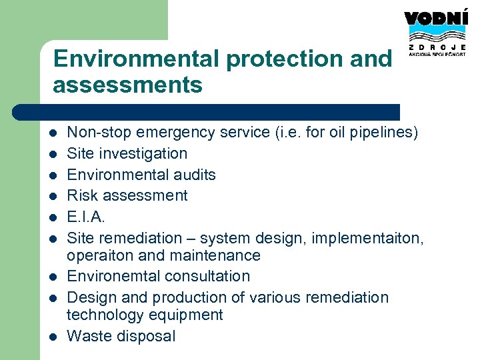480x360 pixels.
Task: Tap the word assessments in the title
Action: tap(127, 85)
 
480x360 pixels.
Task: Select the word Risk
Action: tap(81, 195)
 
